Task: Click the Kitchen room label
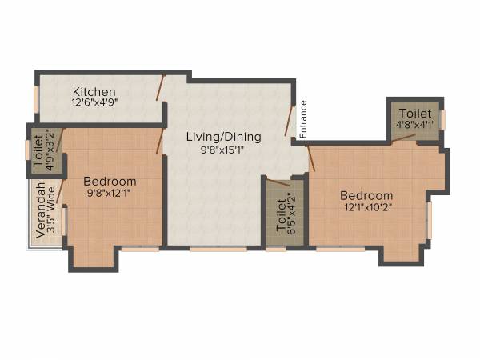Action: click(x=94, y=91)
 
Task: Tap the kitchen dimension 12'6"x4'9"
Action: click(x=94, y=103)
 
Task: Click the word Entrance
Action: click(x=303, y=118)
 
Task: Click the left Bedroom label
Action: click(x=110, y=182)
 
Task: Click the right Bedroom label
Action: click(x=366, y=195)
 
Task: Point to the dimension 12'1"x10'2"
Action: click(x=366, y=207)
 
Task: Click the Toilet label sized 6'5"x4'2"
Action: click(x=281, y=215)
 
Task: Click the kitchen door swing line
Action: click(x=161, y=87)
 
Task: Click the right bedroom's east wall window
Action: click(x=430, y=219)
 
